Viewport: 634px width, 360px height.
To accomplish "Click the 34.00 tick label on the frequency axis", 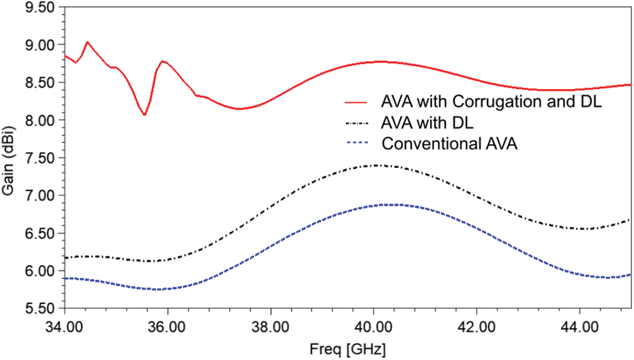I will click(64, 327).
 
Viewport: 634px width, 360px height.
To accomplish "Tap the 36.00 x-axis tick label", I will click(167, 327).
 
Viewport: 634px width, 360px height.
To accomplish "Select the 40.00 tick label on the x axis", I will click(373, 327).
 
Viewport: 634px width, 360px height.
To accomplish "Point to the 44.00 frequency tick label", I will click(580, 327).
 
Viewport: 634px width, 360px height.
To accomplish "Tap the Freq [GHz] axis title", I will click(347, 349).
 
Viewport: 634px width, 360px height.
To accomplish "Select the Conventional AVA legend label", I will click(449, 143).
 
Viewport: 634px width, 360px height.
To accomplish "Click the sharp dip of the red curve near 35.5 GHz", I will click(144, 115).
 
